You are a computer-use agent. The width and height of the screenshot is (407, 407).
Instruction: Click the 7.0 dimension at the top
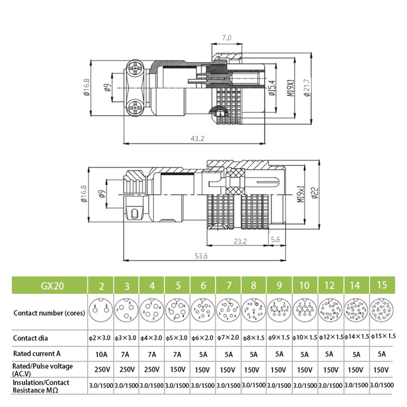click(227, 38)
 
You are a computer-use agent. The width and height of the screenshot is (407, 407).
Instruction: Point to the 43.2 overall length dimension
click(197, 139)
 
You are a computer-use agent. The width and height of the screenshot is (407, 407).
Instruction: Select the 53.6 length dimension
click(201, 256)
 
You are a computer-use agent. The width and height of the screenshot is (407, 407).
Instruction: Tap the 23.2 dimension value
click(240, 241)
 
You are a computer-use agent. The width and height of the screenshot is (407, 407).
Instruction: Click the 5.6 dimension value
click(275, 240)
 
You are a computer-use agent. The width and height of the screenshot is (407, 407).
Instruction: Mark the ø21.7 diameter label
click(307, 88)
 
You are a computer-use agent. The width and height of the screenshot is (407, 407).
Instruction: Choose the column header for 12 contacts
click(329, 286)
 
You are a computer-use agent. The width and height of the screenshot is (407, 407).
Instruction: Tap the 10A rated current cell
click(101, 354)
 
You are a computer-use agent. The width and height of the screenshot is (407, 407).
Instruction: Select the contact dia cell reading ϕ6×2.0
click(203, 338)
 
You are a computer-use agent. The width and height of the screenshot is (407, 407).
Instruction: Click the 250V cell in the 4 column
click(152, 369)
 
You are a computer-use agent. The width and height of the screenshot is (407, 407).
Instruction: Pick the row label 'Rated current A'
click(37, 354)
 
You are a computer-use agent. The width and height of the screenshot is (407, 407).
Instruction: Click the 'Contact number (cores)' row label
click(49, 313)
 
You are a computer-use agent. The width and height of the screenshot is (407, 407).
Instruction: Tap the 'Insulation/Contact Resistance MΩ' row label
click(41, 386)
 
